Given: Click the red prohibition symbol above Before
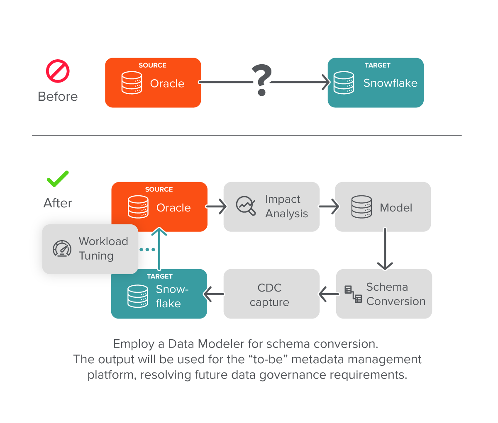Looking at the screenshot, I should point(58,71).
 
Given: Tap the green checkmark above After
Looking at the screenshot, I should point(58,179).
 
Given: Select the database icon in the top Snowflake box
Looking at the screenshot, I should point(344,83).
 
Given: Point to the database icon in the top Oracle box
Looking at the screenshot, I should point(132,83).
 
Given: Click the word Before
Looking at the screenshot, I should point(58,97).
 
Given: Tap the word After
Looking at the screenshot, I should point(58,203).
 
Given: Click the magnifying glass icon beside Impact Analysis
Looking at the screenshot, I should point(246,206).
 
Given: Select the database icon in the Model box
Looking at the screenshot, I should point(361,207).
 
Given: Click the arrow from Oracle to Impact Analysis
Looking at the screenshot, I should point(216,206).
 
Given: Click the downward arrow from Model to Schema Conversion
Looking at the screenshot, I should point(385,249).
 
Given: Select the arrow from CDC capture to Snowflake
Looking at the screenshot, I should point(214,294).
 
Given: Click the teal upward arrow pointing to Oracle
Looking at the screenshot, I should point(159,249).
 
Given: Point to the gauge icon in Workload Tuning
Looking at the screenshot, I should point(62,248).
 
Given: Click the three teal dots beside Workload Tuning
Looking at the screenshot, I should point(147,250).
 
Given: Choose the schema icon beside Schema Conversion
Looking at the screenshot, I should point(353,294).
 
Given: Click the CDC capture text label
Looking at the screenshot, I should point(269,295).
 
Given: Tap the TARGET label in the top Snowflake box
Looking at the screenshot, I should point(377,65).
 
